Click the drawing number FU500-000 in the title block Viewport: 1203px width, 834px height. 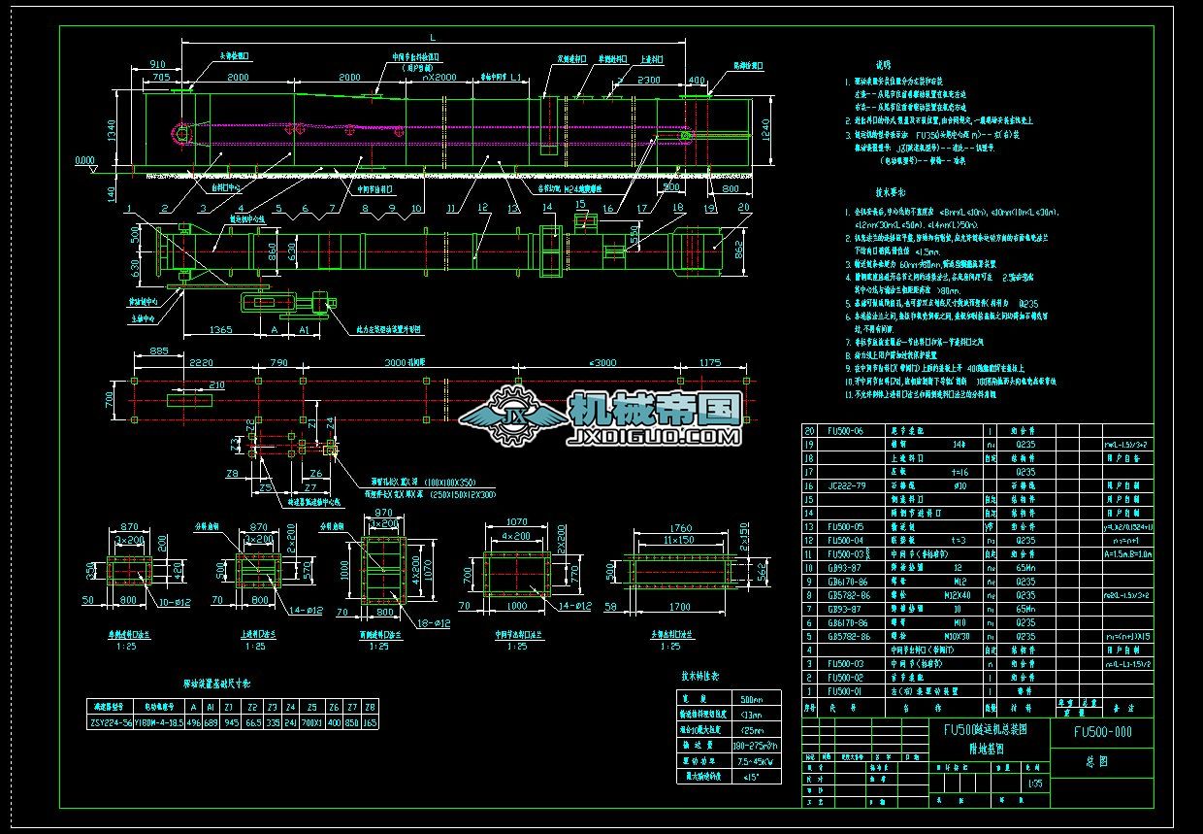(x=1102, y=733)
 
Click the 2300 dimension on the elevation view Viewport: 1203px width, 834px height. (x=650, y=82)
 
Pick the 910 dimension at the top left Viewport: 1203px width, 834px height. (x=156, y=64)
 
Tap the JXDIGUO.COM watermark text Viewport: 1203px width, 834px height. (x=657, y=438)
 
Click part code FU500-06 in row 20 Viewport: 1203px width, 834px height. (x=843, y=431)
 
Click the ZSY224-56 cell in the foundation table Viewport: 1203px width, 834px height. (x=111, y=722)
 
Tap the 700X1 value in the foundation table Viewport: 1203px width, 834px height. (x=311, y=722)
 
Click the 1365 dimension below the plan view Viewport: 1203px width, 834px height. (x=220, y=330)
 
